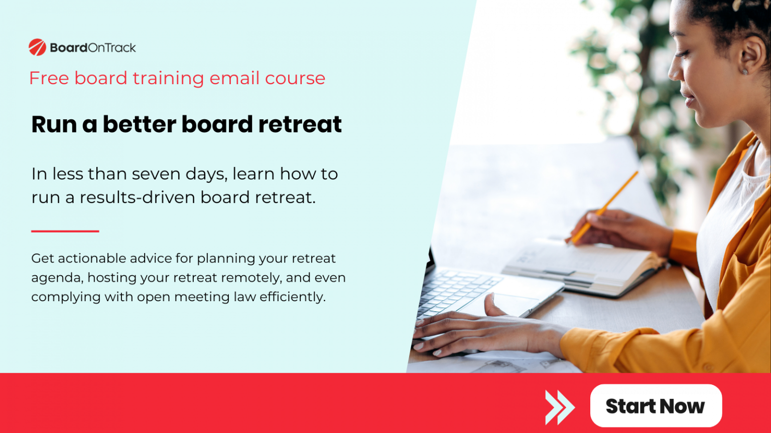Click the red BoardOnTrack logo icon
pos(37,47)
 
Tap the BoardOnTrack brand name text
pos(93,48)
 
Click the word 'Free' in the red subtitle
pos(49,78)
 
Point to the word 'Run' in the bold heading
pos(54,124)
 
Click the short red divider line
pos(65,231)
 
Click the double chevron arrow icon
pos(560,406)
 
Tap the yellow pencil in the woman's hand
pos(605,206)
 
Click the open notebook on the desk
pos(582,263)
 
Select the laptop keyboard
pos(454,291)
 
